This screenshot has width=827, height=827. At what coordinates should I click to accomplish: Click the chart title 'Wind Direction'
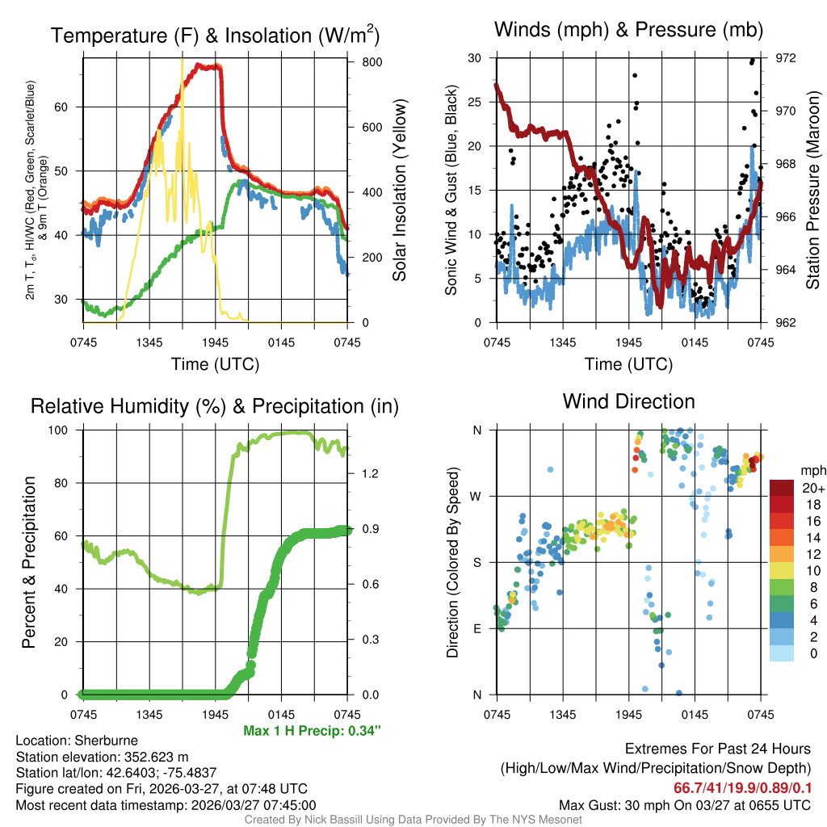[x=628, y=401]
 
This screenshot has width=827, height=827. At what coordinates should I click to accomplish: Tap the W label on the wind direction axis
[x=477, y=496]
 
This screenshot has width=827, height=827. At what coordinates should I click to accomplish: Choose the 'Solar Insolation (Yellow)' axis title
[x=399, y=190]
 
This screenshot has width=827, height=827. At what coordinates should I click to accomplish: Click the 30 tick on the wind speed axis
[x=476, y=58]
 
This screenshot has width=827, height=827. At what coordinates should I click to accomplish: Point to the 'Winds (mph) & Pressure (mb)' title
[x=628, y=31]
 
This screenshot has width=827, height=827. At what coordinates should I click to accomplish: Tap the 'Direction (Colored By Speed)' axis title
[x=453, y=561]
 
